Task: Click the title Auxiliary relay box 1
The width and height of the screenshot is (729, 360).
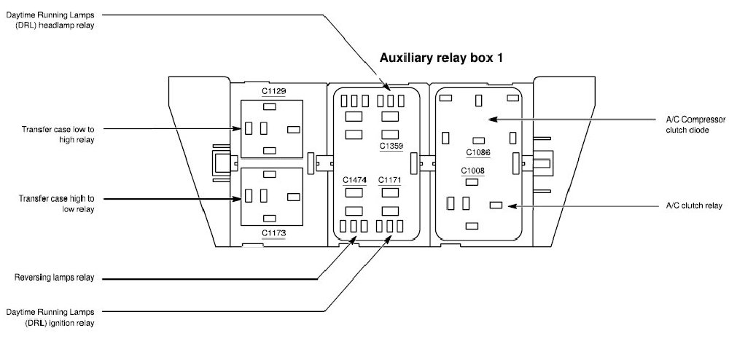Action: coord(442,57)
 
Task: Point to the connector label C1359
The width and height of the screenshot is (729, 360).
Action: coord(391,146)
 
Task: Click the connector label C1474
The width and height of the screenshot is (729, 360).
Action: coord(355,179)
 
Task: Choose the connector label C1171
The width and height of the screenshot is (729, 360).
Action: coord(390,179)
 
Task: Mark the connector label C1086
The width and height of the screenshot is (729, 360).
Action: coord(478,152)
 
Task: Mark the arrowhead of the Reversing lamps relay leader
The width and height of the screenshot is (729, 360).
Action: coord(357,243)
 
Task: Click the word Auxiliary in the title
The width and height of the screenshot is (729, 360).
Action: coord(409,57)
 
